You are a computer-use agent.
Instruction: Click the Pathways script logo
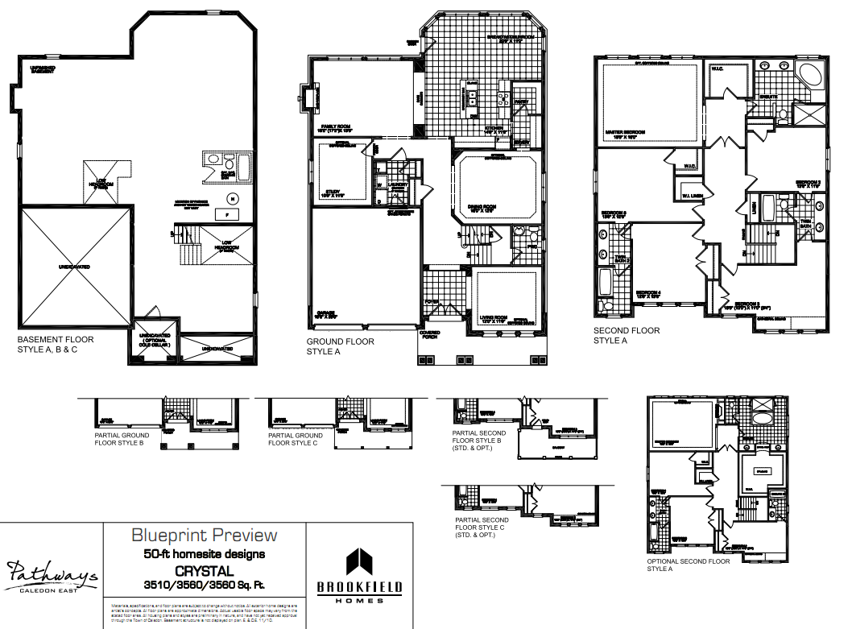tap(52, 573)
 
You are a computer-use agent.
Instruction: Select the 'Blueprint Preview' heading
tap(204, 536)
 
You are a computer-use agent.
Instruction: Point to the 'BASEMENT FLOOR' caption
tap(56, 340)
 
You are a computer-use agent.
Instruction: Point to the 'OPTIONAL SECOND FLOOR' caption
tap(688, 561)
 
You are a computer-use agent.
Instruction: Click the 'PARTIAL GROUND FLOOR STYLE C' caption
tap(295, 439)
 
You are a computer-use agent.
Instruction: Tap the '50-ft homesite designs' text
tap(204, 553)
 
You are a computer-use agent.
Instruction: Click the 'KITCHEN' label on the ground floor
tap(494, 128)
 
